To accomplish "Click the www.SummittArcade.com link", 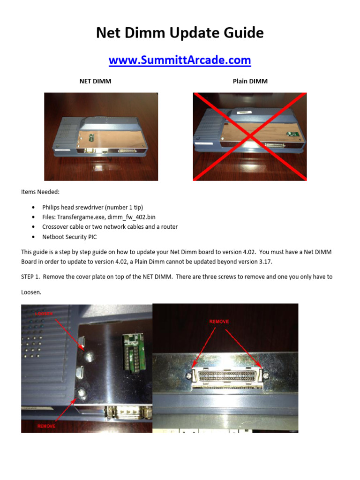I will pos(180,60).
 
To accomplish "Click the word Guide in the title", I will pos(241,33).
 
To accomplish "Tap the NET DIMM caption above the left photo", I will pos(95,81).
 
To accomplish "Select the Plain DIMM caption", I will pos(250,81).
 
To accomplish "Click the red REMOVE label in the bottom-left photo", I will pos(46,426).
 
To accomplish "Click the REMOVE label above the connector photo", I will pos(219,322).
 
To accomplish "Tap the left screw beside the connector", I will pos(188,375).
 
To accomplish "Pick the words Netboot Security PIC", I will pos(69,237).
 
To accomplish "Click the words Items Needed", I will pos(40,192).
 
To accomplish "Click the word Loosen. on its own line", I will pos(32,292).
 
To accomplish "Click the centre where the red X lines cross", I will pos(249,136).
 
